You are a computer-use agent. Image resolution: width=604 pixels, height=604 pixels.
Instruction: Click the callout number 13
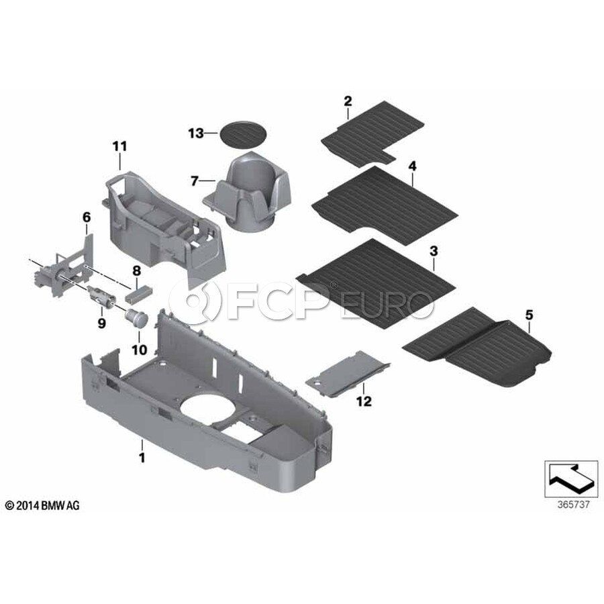pos(196,134)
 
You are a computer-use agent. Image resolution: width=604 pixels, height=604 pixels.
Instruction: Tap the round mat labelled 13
pos(243,134)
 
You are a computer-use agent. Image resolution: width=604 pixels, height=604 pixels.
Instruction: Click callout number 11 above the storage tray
pos(120,146)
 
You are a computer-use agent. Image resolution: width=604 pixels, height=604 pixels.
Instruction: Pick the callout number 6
pos(87,217)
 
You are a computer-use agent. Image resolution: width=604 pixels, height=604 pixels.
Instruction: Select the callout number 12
pos(364,401)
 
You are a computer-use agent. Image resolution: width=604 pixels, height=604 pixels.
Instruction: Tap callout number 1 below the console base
pos(142,458)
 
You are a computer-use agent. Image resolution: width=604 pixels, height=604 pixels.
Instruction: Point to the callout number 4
pos(413,166)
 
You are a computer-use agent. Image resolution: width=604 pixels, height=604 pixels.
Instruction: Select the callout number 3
pos(434,252)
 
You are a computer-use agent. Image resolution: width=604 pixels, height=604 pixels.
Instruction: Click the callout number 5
pos(530,315)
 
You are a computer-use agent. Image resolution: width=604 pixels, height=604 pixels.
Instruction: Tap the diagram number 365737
pos(573,505)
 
